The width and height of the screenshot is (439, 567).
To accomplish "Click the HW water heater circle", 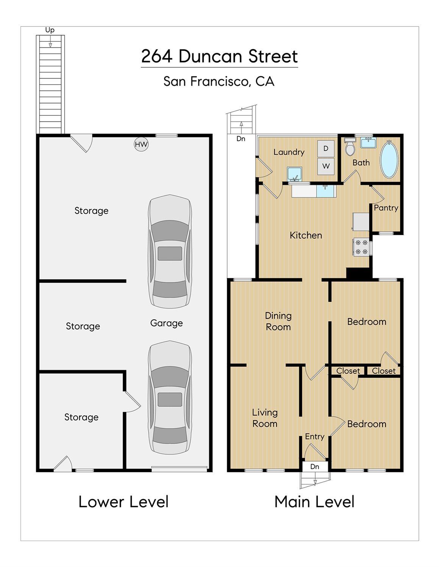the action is tap(141, 144).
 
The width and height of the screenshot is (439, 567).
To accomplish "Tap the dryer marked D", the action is tap(326, 149).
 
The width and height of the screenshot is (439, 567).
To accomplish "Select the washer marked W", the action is tap(326, 166).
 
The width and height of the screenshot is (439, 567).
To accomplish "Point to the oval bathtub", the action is tap(389, 159).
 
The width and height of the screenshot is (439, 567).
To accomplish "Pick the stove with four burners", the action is tap(361, 247).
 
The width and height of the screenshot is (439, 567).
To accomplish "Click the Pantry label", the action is tap(386, 208).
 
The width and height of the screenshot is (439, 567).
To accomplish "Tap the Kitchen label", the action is tap(306, 235).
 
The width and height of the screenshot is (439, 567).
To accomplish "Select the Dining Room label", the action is tap(278, 321).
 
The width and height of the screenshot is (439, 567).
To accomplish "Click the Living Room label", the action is tap(265, 418).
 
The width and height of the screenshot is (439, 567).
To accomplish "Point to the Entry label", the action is tap(315, 437).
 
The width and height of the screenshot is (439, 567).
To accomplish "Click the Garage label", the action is tap(166, 323).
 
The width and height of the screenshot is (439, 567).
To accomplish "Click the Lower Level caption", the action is tap(123, 502).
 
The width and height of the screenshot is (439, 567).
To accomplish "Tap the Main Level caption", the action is tap(314, 502).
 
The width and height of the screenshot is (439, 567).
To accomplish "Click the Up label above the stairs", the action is tap(50, 30).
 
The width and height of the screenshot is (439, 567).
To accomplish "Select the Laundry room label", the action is tap(289, 152).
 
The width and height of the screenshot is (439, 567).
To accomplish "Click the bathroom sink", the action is tap(369, 143).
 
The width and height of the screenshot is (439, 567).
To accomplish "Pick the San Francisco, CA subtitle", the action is tap(219, 81).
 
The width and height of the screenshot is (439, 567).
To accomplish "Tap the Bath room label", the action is tap(361, 163).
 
